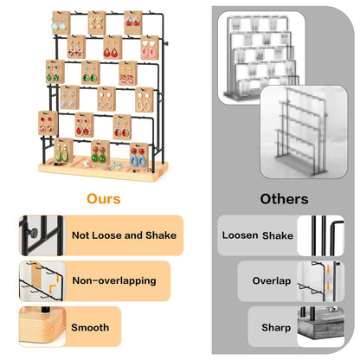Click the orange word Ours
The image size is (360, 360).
point(104,199)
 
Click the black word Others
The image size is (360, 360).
point(284,199)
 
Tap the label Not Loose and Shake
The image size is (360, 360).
point(124,235)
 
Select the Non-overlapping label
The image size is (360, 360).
point(114,280)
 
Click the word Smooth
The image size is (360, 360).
point(90,327)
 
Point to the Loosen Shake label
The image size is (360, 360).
point(258,235)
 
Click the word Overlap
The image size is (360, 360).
point(272,280)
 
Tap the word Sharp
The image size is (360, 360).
point(276,327)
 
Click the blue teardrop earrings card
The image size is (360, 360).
point(138,155)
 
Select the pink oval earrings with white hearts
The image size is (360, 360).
point(150,48)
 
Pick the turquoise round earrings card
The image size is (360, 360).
point(61,23)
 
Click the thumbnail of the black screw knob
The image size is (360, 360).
point(42,235)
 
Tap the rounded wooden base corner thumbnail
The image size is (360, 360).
point(42,326)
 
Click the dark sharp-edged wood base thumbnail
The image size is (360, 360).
point(321,326)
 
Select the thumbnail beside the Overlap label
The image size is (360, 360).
point(321,281)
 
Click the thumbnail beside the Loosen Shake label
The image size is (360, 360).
point(321,235)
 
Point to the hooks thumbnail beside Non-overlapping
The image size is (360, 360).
point(42,281)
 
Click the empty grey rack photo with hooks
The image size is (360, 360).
point(304,132)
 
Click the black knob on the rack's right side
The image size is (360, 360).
point(165,44)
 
